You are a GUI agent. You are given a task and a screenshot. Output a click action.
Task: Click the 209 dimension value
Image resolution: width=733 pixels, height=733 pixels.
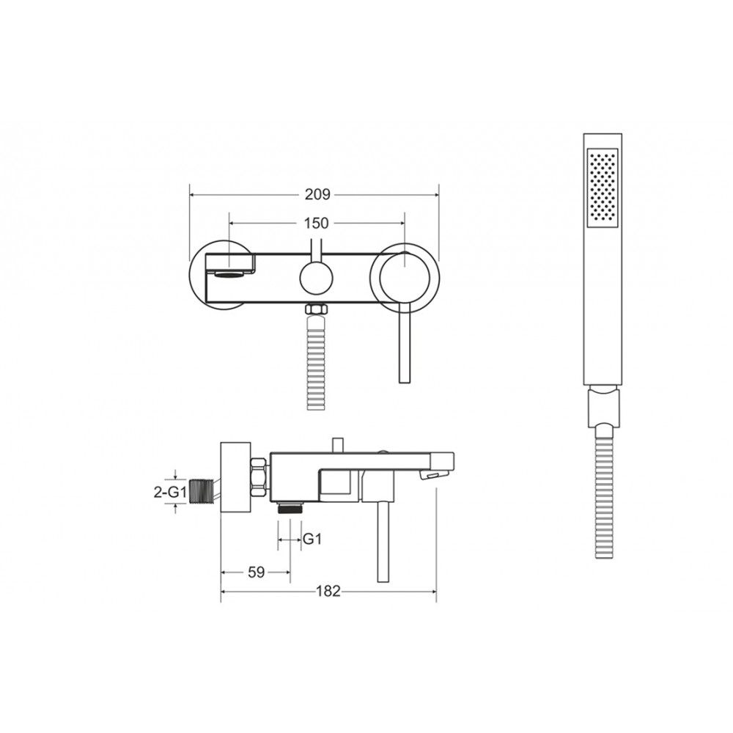coord(317,194)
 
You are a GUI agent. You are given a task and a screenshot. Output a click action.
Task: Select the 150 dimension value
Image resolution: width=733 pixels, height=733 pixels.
coord(317,224)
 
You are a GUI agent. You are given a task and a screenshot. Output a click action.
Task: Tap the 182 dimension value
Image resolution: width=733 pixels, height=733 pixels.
coord(328,591)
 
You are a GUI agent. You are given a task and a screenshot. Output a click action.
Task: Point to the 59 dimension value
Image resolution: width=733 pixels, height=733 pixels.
coord(256,572)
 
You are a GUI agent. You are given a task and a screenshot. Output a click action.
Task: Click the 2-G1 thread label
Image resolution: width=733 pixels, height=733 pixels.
coord(171,492)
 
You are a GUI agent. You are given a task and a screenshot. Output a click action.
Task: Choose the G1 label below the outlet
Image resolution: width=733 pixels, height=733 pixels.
coord(312,539)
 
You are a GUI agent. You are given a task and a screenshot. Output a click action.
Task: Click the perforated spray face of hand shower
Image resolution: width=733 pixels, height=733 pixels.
coord(603,188)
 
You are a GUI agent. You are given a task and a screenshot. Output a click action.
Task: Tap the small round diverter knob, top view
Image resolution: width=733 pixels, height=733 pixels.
coord(316,278)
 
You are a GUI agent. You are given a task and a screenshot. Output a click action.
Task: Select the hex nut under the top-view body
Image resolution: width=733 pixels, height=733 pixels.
coord(316,309)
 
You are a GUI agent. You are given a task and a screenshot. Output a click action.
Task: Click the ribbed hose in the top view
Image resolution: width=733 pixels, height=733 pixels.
coord(317,363)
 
